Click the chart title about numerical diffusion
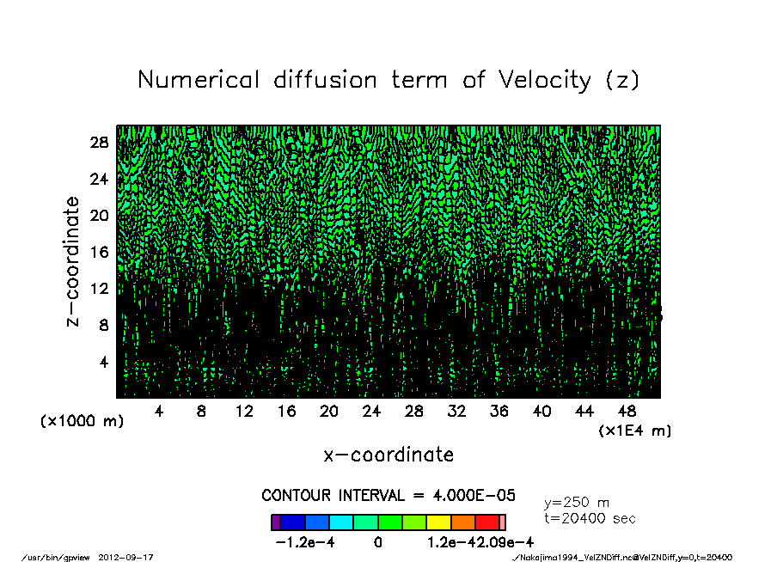click(388, 81)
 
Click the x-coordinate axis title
click(388, 454)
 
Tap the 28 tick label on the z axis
click(99, 143)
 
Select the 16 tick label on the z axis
click(99, 252)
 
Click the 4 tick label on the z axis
click(104, 362)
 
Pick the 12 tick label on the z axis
click(99, 289)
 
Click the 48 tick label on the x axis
click(627, 412)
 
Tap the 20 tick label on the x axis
click(329, 412)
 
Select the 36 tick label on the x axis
click(499, 412)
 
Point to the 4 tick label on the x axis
click(159, 412)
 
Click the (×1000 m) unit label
click(83, 422)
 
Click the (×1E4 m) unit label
click(634, 431)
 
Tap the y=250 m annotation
click(577, 503)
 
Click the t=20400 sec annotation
click(590, 519)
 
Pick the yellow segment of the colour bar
click(438, 522)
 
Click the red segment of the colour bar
click(487, 522)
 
